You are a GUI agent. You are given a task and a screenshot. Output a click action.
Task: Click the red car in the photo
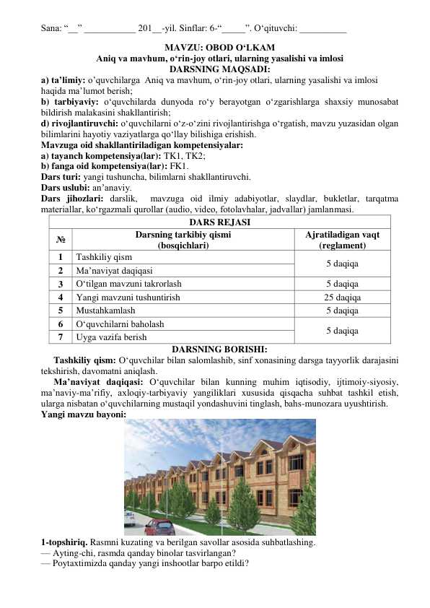click(x=159, y=526)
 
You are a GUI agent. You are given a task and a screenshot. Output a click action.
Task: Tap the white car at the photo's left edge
click(x=128, y=517)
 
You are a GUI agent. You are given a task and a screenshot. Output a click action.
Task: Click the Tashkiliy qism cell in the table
click(x=104, y=257)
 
